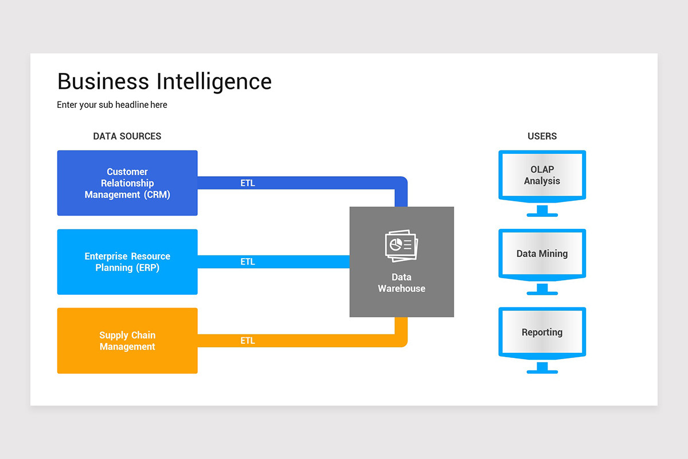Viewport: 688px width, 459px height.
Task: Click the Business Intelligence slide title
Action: [x=165, y=81]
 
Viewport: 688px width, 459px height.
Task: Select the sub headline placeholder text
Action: [x=112, y=105]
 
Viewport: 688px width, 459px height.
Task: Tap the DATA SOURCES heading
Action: [x=127, y=137]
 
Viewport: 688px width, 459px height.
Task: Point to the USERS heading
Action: [x=542, y=137]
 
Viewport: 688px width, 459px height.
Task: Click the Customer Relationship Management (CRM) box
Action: [x=127, y=183]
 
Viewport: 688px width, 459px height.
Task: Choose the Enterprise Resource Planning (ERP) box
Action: [x=127, y=262]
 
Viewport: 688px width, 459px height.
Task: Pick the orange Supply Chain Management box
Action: [x=127, y=341]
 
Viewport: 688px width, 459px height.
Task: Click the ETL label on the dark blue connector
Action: [x=248, y=184]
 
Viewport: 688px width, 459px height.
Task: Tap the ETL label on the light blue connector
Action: [x=248, y=262]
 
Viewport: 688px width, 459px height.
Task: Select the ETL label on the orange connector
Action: [x=248, y=341]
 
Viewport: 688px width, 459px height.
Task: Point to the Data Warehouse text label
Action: [x=401, y=283]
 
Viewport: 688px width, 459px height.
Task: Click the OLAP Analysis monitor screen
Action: [x=542, y=175]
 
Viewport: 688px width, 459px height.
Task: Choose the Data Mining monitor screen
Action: [x=542, y=254]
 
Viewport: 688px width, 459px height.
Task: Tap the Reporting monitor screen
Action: [x=542, y=332]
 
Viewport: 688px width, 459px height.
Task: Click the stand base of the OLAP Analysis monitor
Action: [x=542, y=215]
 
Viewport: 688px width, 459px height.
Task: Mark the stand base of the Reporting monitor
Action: [x=542, y=371]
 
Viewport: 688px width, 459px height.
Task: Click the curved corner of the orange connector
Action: [x=402, y=342]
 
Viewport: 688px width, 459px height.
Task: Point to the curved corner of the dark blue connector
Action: [x=402, y=182]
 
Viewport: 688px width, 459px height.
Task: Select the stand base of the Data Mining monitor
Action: [x=542, y=293]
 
